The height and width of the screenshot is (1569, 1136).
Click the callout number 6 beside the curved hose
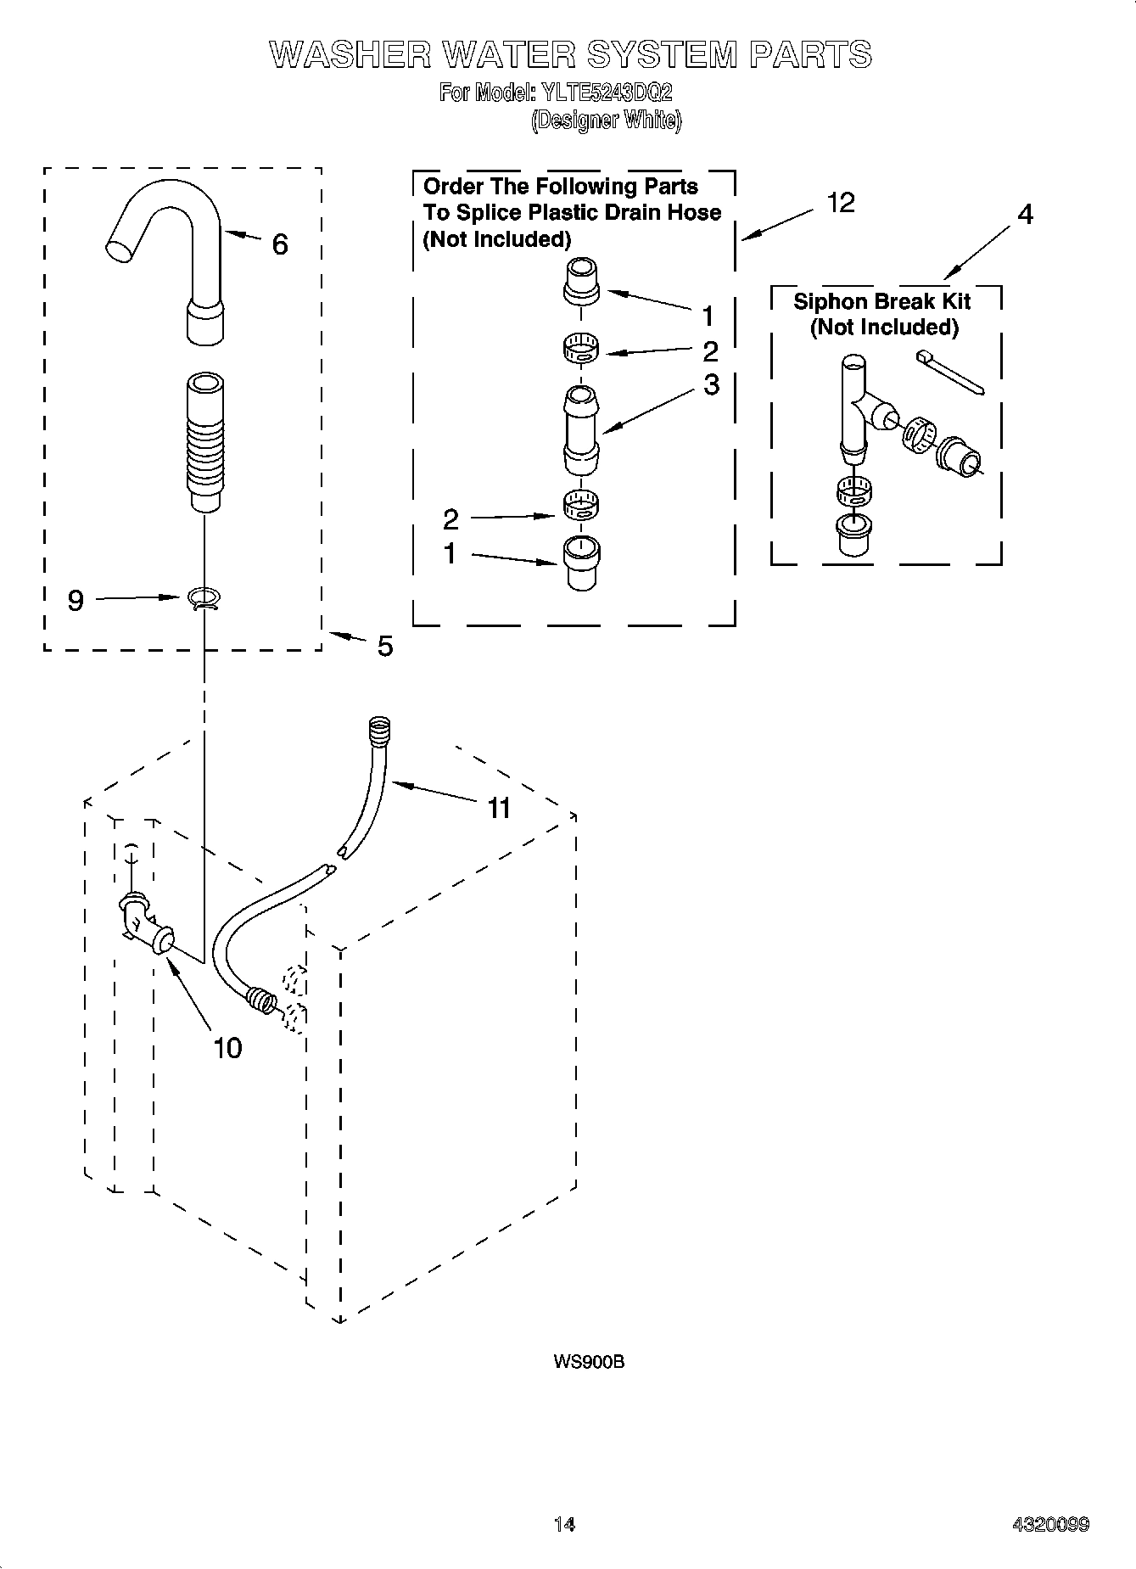click(279, 245)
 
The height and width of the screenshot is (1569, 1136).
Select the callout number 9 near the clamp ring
click(76, 601)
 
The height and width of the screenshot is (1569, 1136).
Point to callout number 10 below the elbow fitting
click(227, 1048)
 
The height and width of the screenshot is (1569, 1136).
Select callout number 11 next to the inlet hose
click(499, 808)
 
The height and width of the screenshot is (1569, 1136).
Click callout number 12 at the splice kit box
click(841, 203)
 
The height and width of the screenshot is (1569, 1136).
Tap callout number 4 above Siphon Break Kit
click(1025, 215)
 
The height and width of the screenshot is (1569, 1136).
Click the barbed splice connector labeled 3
click(581, 430)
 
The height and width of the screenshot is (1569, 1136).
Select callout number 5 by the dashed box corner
click(385, 647)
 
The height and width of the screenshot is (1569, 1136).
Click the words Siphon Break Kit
click(881, 301)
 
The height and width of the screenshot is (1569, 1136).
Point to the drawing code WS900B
click(589, 1362)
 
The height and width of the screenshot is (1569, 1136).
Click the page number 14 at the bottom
click(564, 1524)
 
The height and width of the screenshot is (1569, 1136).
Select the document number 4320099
click(1050, 1524)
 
